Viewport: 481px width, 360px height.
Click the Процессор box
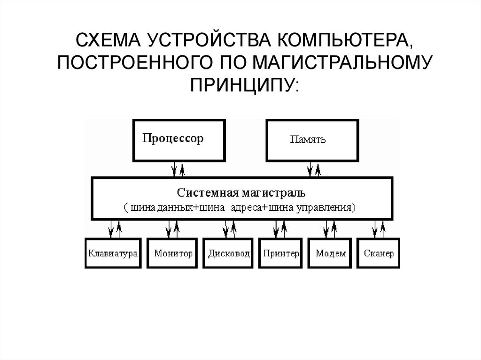178,140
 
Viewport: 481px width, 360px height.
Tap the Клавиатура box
113,253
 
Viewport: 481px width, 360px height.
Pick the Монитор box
173,253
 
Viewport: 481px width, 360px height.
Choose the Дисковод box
228,253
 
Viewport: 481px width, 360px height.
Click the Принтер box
280,253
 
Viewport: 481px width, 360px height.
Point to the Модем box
330,253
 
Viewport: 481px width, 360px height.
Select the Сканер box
378,253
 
